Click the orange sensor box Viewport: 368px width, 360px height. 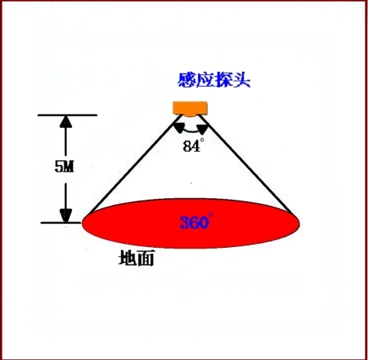[190, 108]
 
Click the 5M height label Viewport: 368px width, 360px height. [64, 166]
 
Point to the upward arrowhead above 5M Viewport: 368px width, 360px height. [66, 122]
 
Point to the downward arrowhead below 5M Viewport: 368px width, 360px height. [66, 216]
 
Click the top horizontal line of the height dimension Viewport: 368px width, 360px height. [67, 115]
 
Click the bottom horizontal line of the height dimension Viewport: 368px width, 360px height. [61, 222]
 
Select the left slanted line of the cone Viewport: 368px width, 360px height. [136, 164]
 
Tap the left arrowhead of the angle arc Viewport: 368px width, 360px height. [179, 128]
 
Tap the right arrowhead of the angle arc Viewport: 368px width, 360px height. [202, 129]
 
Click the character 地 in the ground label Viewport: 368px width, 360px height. [127, 258]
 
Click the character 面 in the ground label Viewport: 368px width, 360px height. [145, 258]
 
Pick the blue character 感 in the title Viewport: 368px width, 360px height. [187, 80]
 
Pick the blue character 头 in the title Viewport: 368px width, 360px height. [242, 80]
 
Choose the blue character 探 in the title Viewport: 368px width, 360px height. [223, 80]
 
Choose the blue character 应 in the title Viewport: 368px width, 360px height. [205, 80]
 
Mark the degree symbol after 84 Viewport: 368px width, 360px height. [202, 139]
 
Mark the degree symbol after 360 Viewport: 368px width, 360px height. [212, 214]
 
